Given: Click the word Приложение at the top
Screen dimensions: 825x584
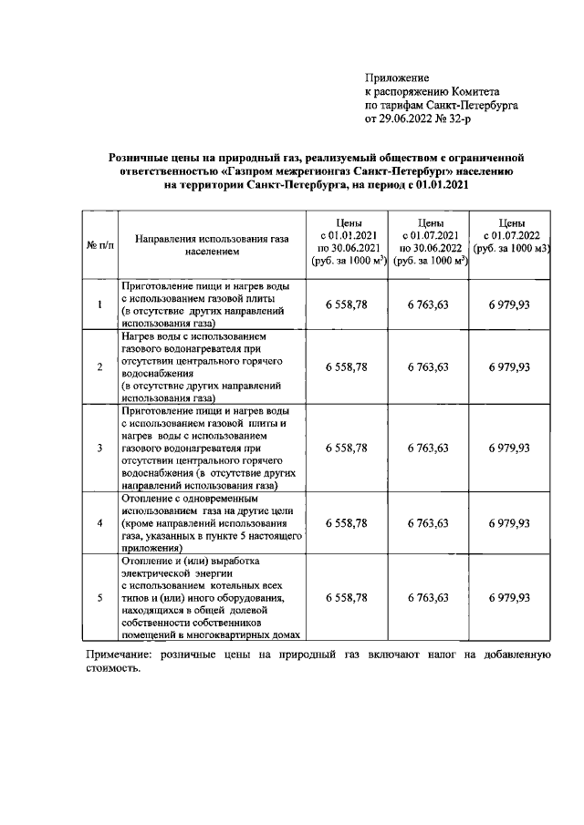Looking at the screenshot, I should click(x=397, y=77).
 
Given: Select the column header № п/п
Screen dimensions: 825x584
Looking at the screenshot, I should click(x=99, y=246).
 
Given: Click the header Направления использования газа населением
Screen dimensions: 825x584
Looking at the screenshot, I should click(x=211, y=242).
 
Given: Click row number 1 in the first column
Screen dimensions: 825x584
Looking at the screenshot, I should click(x=99, y=304).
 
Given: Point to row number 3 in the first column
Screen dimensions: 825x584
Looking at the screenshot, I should click(x=99, y=448).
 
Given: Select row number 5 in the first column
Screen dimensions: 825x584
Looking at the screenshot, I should click(x=99, y=597).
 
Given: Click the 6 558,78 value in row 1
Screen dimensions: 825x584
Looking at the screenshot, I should click(x=346, y=304).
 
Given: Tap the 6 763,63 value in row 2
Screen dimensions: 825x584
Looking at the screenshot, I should click(x=427, y=366).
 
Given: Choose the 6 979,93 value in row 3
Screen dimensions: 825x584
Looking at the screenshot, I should click(x=509, y=448).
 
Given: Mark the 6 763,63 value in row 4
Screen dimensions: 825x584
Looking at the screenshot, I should click(x=427, y=523).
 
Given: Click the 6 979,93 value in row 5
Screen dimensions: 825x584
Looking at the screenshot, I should click(x=509, y=597).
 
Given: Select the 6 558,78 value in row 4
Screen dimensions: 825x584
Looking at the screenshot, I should click(x=346, y=523).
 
